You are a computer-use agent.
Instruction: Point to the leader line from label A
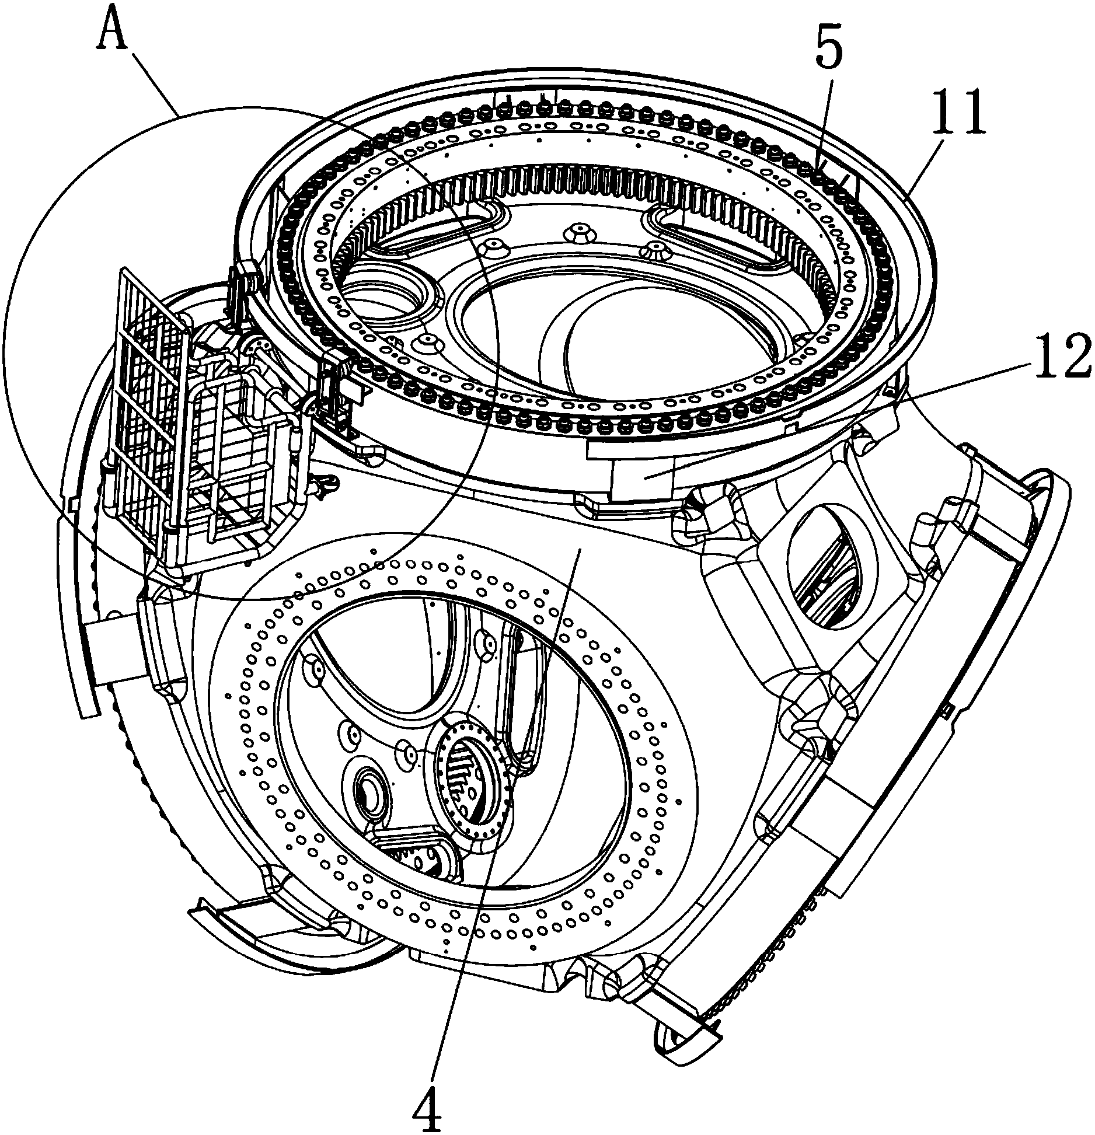(x=152, y=82)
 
